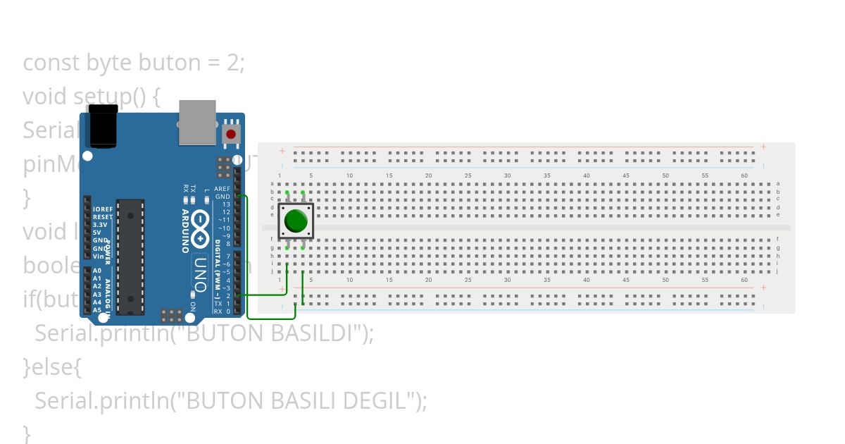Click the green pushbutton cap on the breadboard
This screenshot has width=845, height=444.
(296, 221)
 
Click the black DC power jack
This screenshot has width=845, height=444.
(102, 126)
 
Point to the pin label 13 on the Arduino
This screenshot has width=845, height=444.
(225, 204)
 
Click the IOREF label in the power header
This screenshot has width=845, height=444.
(103, 210)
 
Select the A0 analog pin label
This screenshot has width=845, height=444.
(97, 271)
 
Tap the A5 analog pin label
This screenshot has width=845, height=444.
(97, 309)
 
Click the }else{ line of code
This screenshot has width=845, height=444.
(54, 367)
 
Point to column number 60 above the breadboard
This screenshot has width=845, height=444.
(744, 175)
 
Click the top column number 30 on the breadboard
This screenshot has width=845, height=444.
(507, 175)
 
